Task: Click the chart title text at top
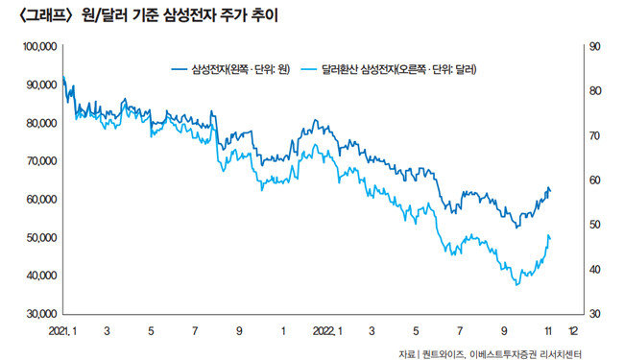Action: point(148,16)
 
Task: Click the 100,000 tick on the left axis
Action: point(39,47)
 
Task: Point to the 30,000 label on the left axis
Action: point(41,314)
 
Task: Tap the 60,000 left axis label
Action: point(41,200)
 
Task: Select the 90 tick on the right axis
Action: point(594,46)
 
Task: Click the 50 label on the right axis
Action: point(594,225)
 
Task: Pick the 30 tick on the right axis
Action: point(594,314)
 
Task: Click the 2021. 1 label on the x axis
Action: point(62,331)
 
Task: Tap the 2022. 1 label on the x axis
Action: point(327,331)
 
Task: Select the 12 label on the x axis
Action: point(573,331)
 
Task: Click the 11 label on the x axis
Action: point(548,331)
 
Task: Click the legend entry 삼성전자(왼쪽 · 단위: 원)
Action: point(241,70)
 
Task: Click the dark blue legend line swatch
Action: point(180,70)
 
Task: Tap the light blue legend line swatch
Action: point(309,70)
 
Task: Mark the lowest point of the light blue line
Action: point(516,285)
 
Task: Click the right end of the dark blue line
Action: point(551,191)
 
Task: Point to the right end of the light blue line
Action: point(551,239)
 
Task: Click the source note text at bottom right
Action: point(490,353)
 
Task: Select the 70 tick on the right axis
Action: point(594,135)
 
